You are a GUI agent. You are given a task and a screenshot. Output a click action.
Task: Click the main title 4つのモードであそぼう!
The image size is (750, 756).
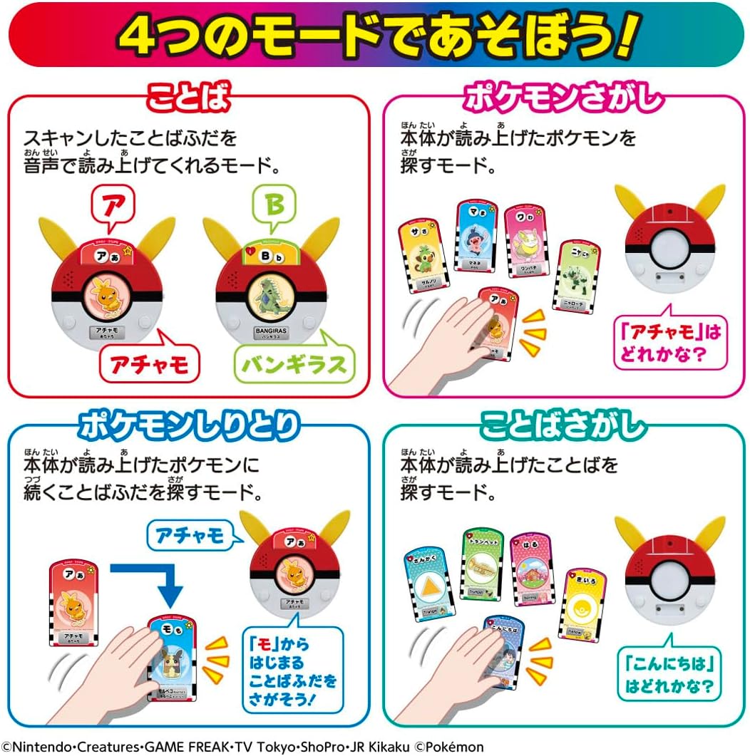375,35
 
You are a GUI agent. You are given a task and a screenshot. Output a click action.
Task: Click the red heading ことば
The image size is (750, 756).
188,99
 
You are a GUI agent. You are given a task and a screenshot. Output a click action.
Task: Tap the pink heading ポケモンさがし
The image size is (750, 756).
562,99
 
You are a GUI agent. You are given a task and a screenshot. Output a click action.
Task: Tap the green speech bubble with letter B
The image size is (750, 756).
274,205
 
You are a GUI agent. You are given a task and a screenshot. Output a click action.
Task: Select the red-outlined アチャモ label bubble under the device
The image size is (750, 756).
148,364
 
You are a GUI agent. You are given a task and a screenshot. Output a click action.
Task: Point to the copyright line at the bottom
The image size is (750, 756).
242,746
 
